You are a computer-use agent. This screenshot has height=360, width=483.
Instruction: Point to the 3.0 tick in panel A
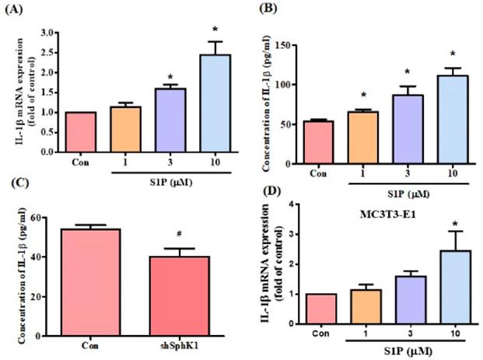[x=53, y=33]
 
